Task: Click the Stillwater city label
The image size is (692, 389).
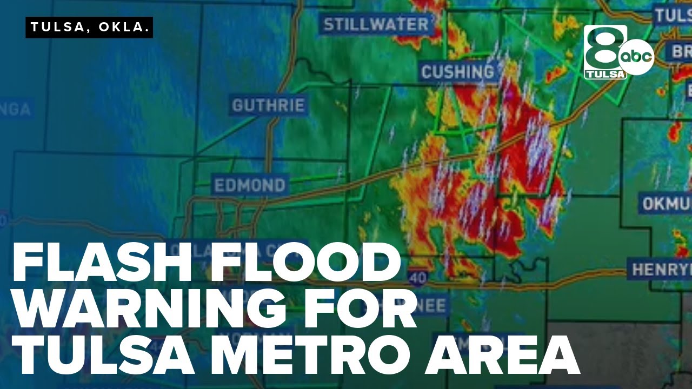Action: coord(376,24)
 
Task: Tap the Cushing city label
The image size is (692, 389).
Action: coord(458,71)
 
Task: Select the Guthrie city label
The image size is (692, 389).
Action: coord(269,105)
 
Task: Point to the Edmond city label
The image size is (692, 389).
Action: coord(250,185)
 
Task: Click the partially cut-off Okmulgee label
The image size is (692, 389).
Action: coord(667,203)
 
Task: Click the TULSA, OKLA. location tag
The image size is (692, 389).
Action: coord(89,28)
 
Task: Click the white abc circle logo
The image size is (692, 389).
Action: coord(636,57)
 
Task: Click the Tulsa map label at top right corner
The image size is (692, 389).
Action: coord(673,16)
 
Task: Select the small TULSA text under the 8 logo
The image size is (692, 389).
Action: coord(605,74)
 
